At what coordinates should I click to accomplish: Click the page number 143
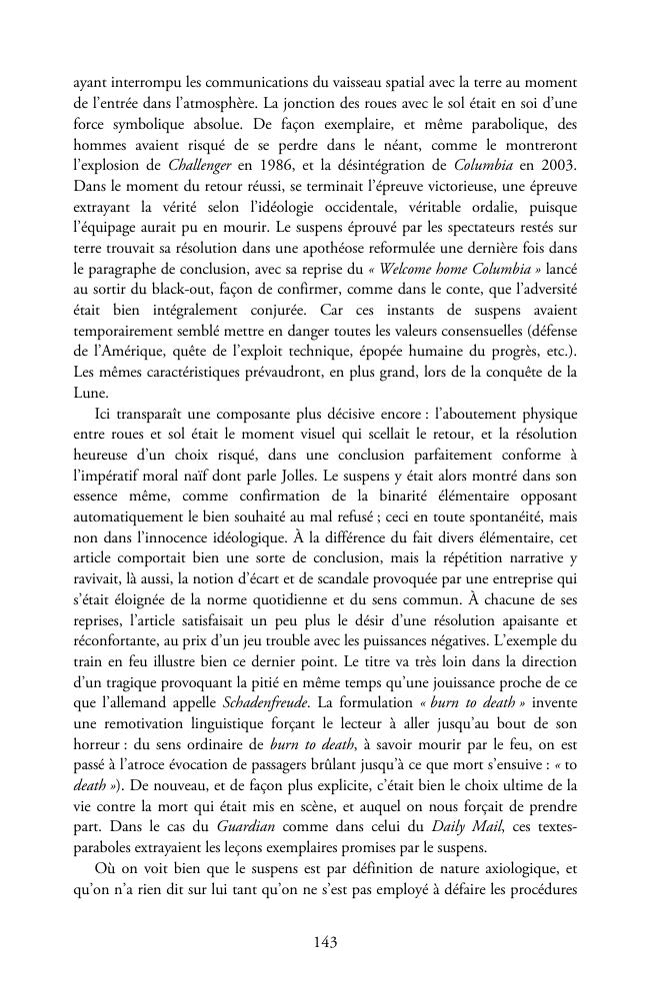pos(324,941)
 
